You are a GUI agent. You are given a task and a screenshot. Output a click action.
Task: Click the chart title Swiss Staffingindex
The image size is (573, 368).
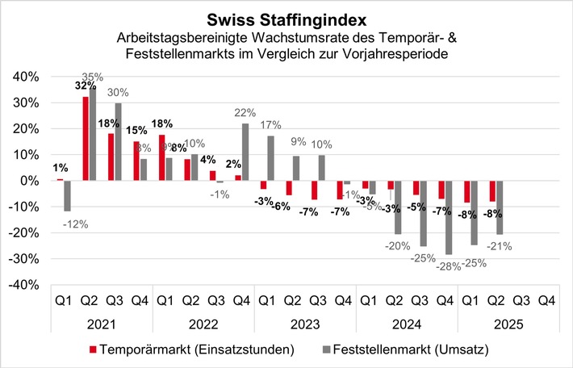click(x=286, y=17)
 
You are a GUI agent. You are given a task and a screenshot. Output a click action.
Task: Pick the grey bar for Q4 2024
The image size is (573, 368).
click(x=449, y=217)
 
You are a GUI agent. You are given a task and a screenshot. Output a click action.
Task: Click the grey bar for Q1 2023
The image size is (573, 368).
click(x=271, y=158)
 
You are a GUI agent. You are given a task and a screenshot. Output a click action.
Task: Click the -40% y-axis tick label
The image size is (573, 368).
click(x=22, y=285)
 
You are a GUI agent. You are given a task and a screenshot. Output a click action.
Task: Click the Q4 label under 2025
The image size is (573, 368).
click(x=546, y=299)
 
